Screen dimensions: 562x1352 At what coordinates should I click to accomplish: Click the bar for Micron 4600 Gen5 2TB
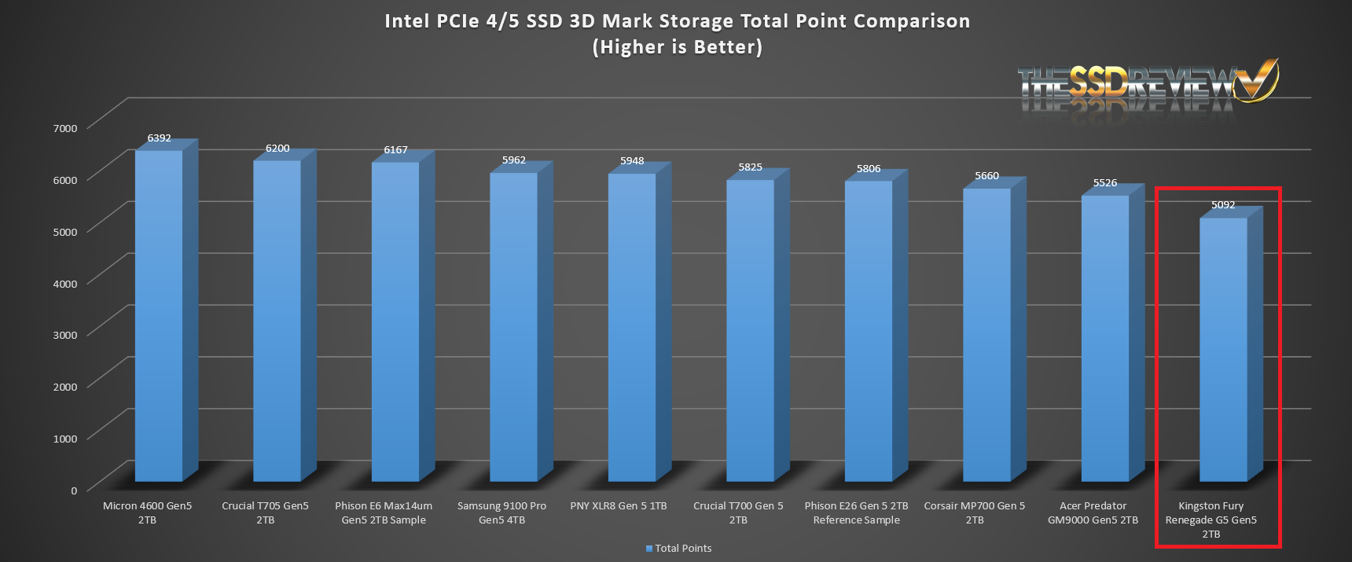(x=159, y=314)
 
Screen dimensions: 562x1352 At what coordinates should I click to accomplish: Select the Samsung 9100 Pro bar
(x=513, y=326)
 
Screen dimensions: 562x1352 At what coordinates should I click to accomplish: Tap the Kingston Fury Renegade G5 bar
(x=1223, y=350)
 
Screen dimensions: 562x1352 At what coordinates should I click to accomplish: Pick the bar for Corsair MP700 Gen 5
(x=986, y=334)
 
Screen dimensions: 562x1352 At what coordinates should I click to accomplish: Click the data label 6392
(x=159, y=138)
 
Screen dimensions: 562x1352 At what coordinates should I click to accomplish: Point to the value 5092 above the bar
(x=1223, y=205)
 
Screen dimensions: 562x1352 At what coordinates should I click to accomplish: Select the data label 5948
(x=632, y=161)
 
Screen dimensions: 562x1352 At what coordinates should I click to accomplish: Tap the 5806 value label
(x=869, y=169)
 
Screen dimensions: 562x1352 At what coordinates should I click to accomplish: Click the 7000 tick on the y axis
(x=65, y=128)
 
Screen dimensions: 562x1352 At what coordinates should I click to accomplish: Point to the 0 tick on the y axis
(x=74, y=490)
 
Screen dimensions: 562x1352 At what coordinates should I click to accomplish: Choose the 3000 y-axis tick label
(x=65, y=335)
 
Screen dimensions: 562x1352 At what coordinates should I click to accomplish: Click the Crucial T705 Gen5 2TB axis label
(x=265, y=512)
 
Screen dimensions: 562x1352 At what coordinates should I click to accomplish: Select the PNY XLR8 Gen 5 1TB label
(x=619, y=506)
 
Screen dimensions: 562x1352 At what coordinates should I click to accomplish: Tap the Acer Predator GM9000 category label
(x=1093, y=512)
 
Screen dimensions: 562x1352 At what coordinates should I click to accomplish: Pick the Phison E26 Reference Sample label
(x=856, y=512)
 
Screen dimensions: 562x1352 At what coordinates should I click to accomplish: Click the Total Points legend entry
(x=679, y=549)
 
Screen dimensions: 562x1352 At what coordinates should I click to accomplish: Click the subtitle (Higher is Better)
(x=677, y=47)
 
